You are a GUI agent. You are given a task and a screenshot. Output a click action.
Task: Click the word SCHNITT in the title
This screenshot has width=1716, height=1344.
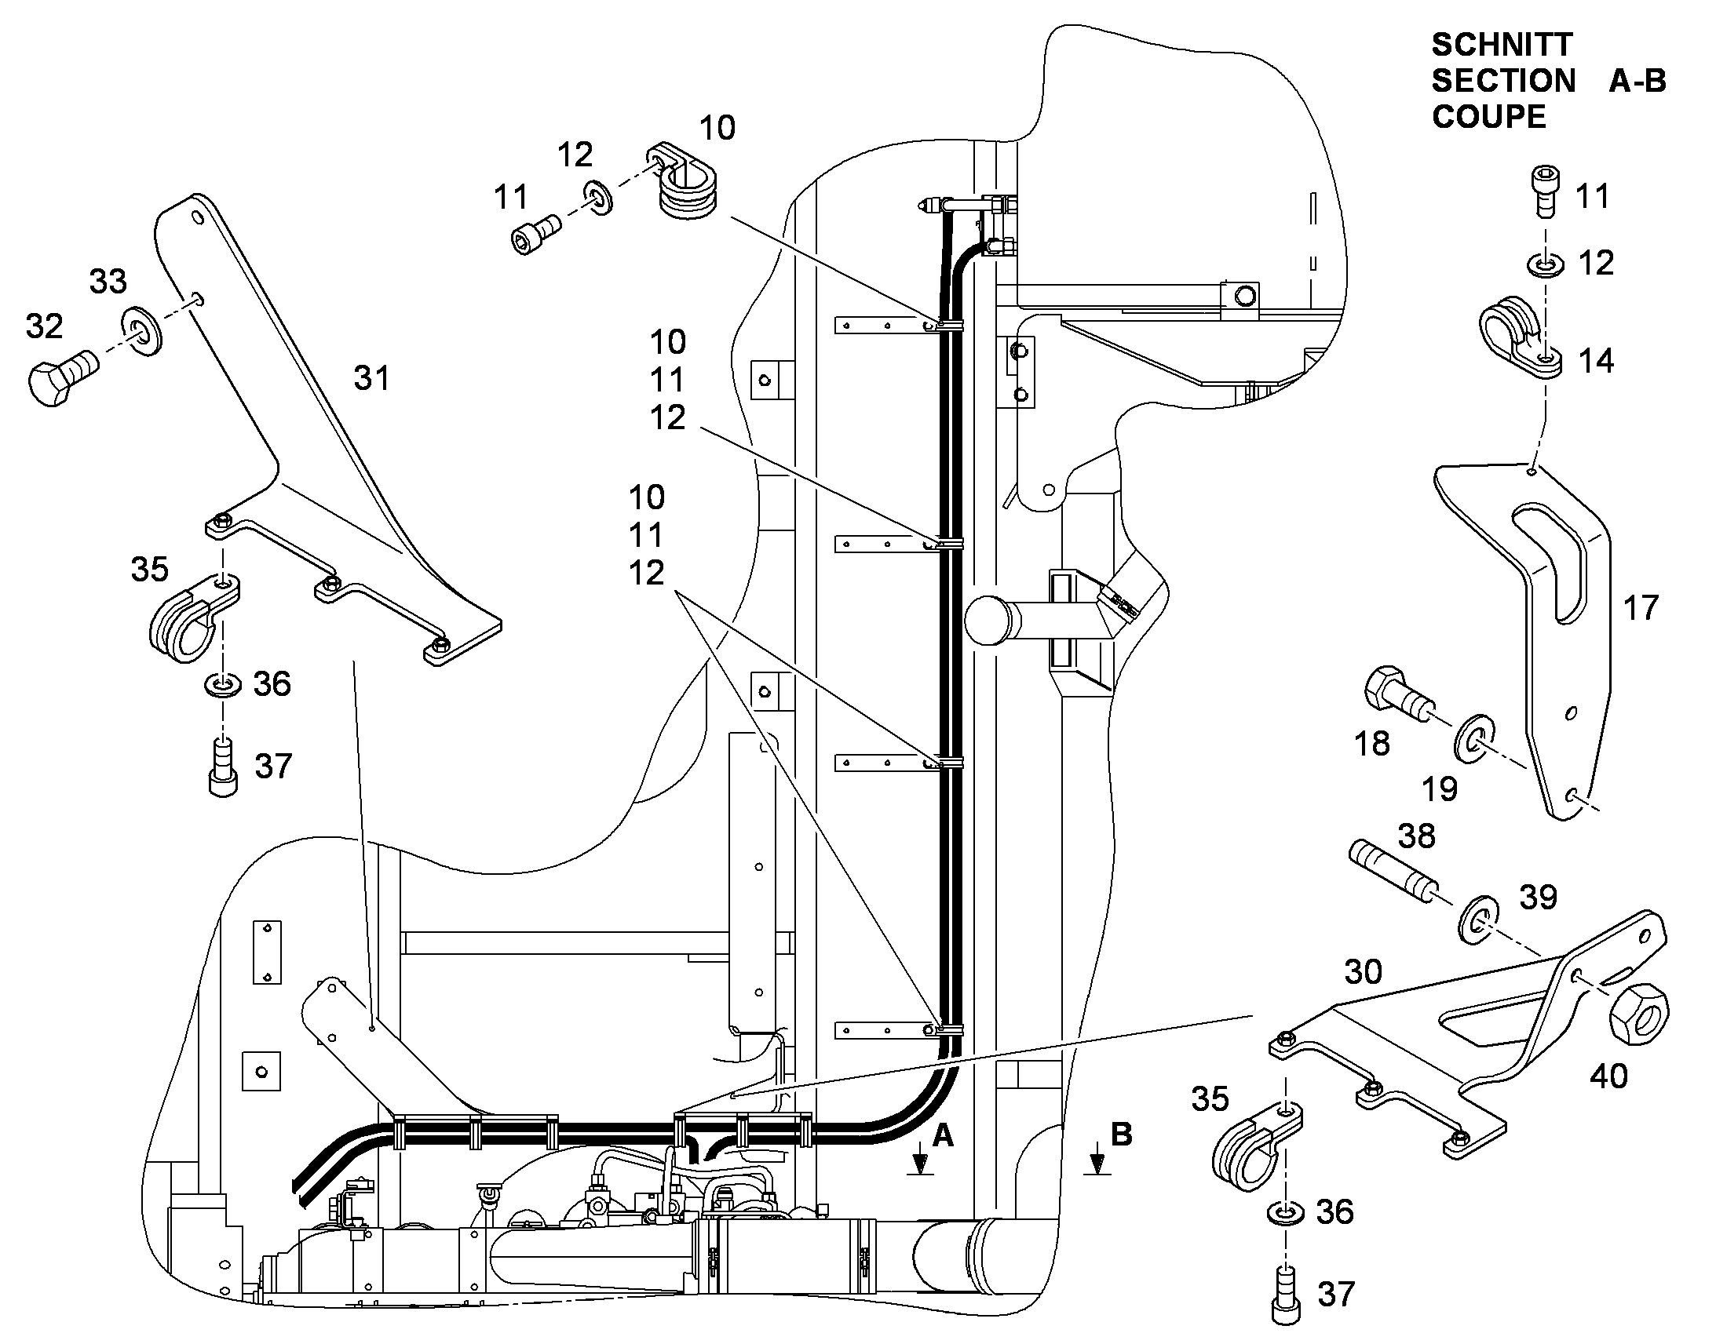coord(1501,45)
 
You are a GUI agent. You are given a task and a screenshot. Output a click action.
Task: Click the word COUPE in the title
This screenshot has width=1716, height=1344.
coord(1488,117)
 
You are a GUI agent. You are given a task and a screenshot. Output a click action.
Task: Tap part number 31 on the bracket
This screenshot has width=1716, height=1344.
coord(371,378)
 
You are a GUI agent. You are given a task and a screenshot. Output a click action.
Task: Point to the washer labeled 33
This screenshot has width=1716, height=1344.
coord(141,330)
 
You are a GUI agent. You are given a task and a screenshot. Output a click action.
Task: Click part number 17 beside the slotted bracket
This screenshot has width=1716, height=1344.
coord(1641,608)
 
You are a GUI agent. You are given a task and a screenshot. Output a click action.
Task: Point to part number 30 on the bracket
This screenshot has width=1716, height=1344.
coord(1364,972)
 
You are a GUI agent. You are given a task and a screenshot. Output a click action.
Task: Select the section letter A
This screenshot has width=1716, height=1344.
coord(942,1135)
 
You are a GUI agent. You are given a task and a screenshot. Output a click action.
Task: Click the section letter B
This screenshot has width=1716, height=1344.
coord(1121,1134)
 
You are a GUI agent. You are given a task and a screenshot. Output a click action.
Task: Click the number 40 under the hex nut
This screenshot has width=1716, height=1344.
coord(1608,1077)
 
